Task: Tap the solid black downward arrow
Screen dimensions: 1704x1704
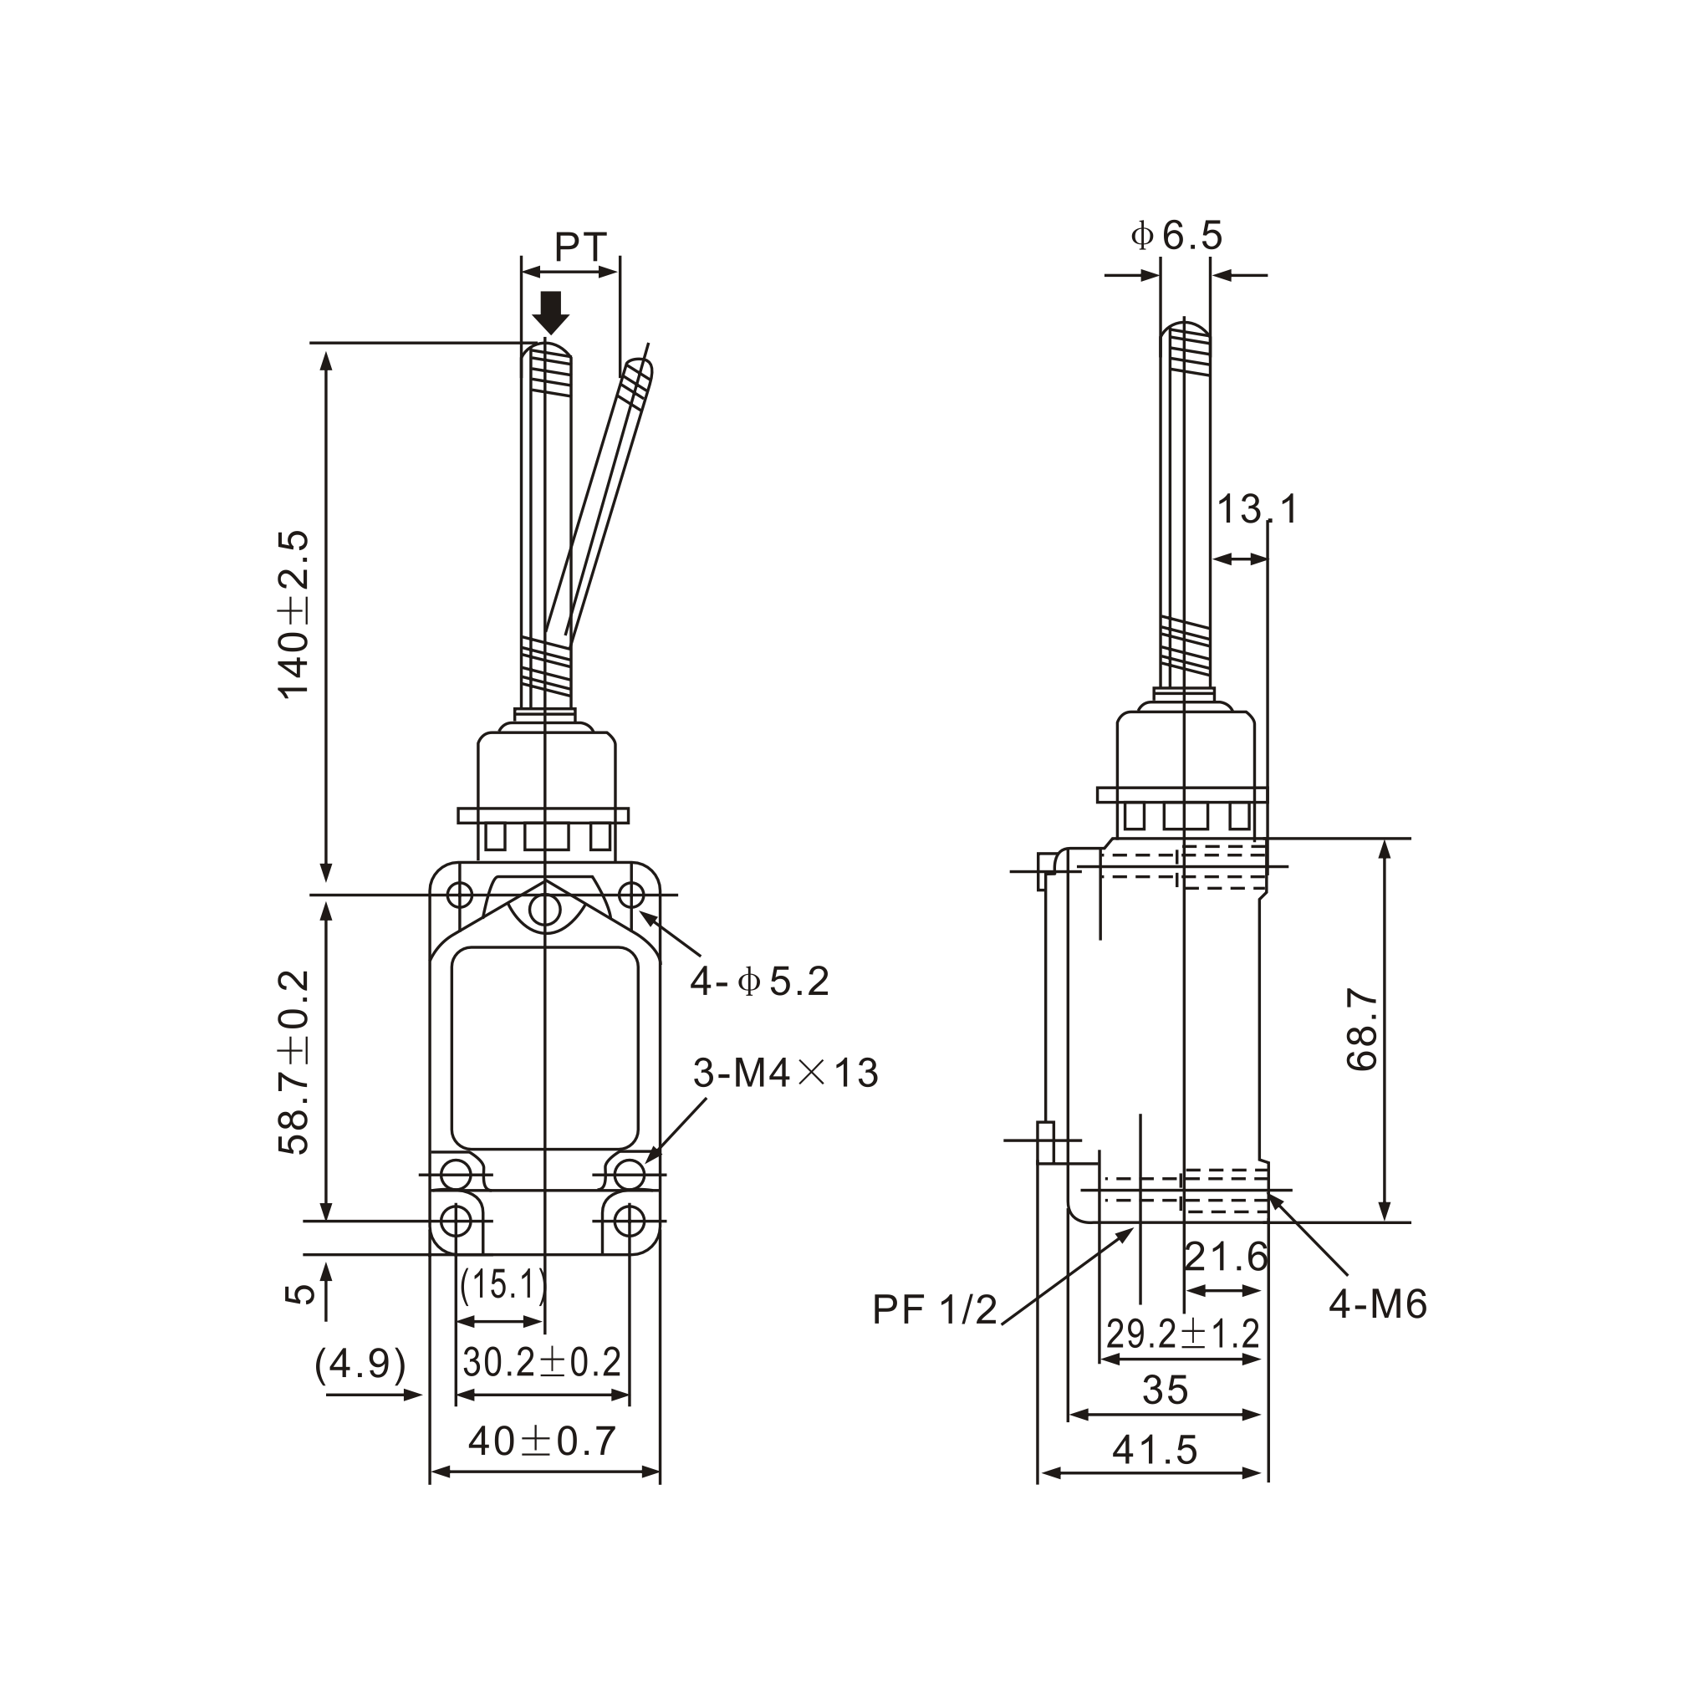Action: [x=551, y=312]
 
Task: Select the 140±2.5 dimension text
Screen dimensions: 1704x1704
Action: [x=294, y=614]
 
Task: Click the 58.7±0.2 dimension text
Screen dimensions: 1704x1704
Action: [x=294, y=1063]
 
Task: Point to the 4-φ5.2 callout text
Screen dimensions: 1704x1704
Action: [x=759, y=982]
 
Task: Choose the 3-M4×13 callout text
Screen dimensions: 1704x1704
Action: [x=785, y=1074]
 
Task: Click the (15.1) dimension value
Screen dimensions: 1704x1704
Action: [x=503, y=1285]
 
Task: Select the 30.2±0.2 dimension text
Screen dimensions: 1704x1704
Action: [x=542, y=1363]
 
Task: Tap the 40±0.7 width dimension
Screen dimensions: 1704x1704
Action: [x=542, y=1441]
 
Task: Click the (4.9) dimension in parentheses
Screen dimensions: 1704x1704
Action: [x=360, y=1365]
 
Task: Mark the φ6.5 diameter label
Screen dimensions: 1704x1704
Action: [x=1176, y=236]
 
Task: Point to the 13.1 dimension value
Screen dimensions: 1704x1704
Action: [x=1257, y=510]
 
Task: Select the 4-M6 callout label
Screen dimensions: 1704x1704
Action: [x=1378, y=1304]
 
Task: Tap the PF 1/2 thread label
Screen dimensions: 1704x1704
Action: [x=934, y=1309]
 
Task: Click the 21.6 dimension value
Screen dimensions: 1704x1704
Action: [x=1225, y=1257]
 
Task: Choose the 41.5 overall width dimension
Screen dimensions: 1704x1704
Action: [x=1155, y=1449]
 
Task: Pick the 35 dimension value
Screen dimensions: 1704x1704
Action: [x=1165, y=1391]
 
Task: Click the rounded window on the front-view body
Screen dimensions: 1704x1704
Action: [x=544, y=1048]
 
